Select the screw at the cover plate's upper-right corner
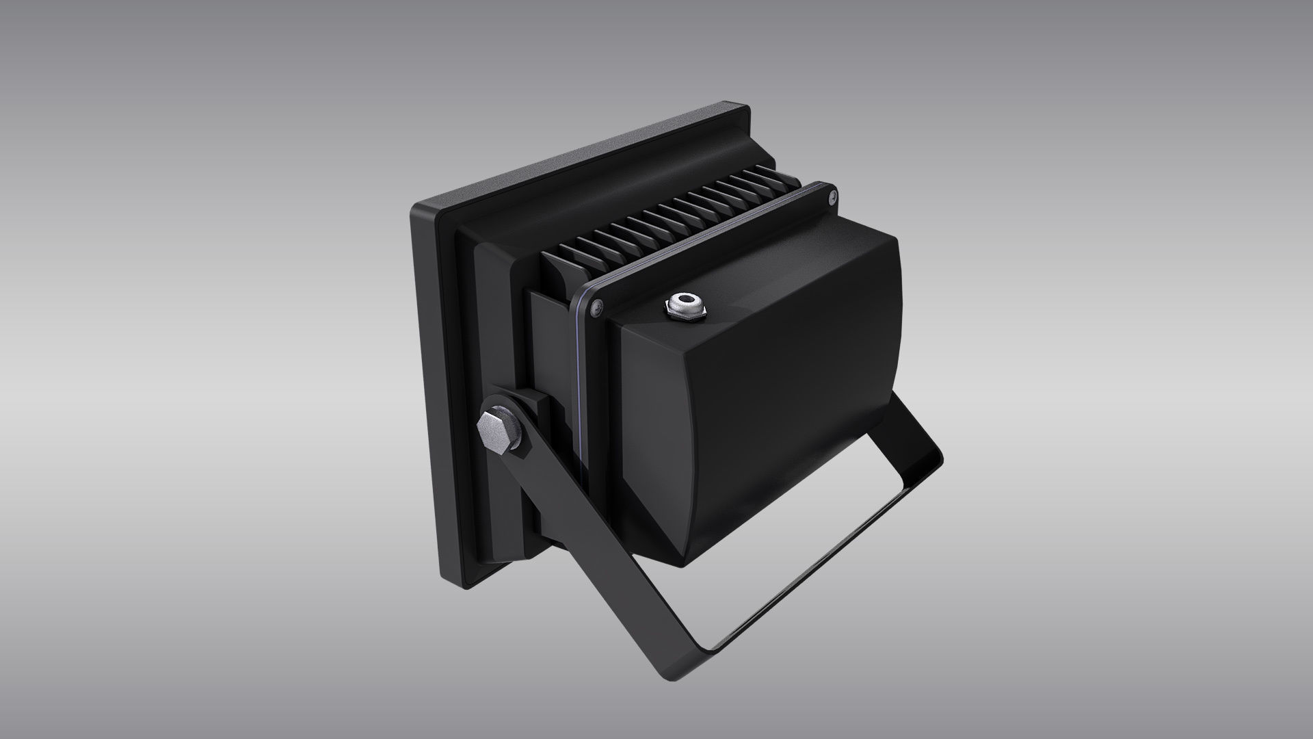(x=831, y=197)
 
